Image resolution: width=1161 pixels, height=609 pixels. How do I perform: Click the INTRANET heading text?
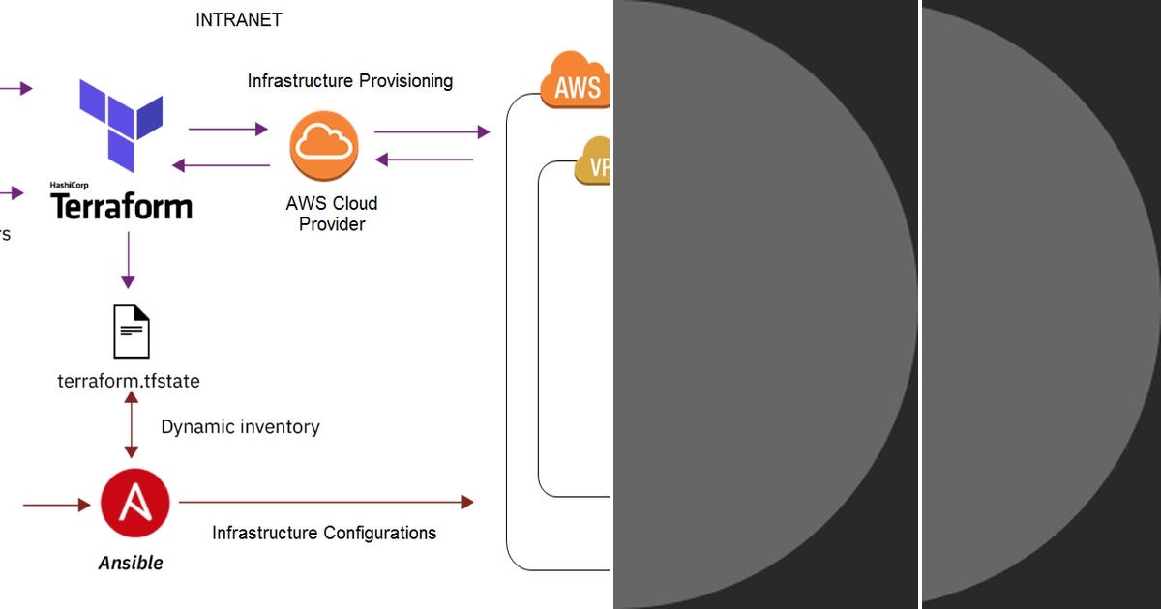(x=239, y=19)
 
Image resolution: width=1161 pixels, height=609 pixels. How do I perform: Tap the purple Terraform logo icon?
(x=122, y=126)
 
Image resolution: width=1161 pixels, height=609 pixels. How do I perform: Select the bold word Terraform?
(x=121, y=206)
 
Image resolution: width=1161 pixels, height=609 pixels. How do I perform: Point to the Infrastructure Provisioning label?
(x=349, y=81)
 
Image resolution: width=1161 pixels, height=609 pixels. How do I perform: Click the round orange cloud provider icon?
(x=324, y=146)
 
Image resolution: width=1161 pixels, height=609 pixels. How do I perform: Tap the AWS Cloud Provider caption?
(x=332, y=214)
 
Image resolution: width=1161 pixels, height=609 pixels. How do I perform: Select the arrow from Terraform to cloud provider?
(x=227, y=129)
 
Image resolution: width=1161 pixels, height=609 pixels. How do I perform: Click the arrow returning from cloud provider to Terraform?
(x=221, y=165)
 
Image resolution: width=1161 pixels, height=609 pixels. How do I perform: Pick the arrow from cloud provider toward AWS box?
(x=432, y=131)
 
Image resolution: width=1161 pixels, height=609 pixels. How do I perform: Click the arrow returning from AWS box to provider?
(x=425, y=159)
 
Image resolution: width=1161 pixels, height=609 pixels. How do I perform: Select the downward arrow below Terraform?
(x=128, y=262)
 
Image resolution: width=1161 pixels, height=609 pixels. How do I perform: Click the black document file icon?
(x=132, y=332)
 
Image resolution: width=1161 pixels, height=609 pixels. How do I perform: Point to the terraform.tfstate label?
(x=129, y=381)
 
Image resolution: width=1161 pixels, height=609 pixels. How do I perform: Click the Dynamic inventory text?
(x=240, y=426)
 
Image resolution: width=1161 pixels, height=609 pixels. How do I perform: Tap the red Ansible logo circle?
(x=134, y=504)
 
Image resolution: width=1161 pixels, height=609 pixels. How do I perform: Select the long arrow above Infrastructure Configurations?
(x=326, y=502)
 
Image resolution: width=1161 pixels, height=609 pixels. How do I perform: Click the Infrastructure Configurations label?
(x=324, y=533)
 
